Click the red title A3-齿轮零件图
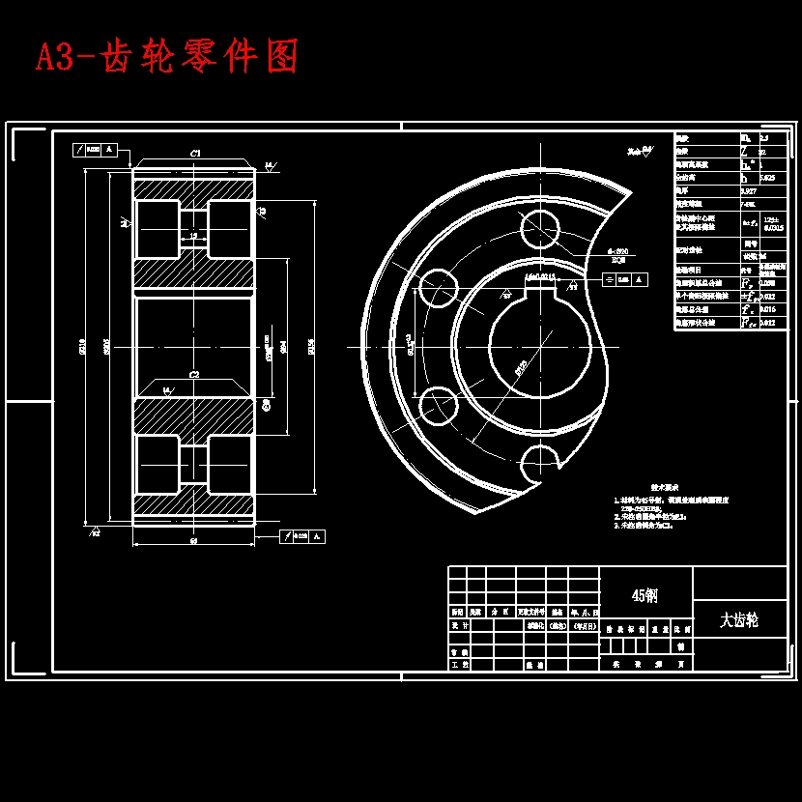tap(166, 57)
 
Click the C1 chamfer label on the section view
tap(194, 153)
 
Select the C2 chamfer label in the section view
tap(194, 374)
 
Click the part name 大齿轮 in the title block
tap(739, 619)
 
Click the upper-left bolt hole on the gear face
tap(437, 288)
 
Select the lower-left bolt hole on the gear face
tap(437, 403)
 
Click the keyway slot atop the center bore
tap(539, 287)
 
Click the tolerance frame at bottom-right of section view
tap(302, 536)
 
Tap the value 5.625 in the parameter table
tap(767, 178)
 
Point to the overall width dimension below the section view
tap(193, 541)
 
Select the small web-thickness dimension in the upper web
tap(193, 236)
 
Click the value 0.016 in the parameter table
tap(768, 309)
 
